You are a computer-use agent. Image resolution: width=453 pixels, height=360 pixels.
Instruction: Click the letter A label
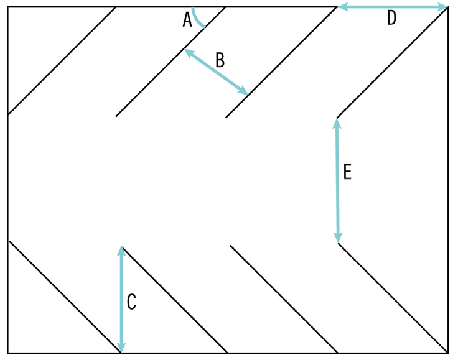(x=187, y=21)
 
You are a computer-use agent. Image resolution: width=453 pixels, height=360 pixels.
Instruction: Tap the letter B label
(x=220, y=60)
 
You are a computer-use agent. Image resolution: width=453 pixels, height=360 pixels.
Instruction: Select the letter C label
(x=131, y=302)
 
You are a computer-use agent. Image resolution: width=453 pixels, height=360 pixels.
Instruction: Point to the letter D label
(x=391, y=19)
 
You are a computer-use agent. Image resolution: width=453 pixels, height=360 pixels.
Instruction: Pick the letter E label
(x=347, y=172)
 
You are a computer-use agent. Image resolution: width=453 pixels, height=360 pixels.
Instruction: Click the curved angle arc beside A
(x=198, y=19)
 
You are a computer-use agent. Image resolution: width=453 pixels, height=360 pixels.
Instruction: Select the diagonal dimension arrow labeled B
(x=216, y=72)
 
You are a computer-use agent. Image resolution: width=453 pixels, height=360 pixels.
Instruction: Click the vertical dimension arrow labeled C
(x=121, y=298)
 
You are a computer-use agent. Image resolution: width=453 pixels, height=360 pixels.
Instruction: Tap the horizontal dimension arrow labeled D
(x=392, y=7)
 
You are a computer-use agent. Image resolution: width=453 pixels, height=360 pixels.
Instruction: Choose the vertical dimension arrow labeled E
(x=337, y=180)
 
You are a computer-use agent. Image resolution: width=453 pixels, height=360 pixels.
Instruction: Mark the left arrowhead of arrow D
(x=343, y=7)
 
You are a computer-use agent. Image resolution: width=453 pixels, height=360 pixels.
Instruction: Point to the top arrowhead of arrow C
(x=121, y=250)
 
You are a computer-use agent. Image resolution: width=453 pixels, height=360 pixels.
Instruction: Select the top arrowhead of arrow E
(x=337, y=123)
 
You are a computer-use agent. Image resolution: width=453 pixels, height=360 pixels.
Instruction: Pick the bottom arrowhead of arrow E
(x=338, y=238)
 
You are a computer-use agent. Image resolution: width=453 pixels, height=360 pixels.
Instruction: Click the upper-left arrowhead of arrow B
(x=188, y=53)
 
